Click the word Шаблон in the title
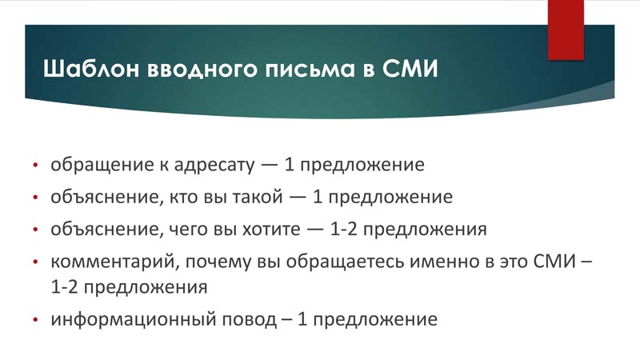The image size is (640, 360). (x=91, y=68)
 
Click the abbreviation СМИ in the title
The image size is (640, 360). (x=410, y=68)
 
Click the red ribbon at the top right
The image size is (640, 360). (x=566, y=30)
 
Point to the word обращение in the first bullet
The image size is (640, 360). (x=102, y=165)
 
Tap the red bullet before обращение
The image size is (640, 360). (x=35, y=166)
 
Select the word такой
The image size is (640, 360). (x=258, y=197)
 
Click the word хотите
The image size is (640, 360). (x=272, y=230)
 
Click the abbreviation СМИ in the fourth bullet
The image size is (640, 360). (x=554, y=262)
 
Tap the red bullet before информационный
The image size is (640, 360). (x=35, y=319)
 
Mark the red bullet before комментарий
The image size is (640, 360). (x=35, y=262)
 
